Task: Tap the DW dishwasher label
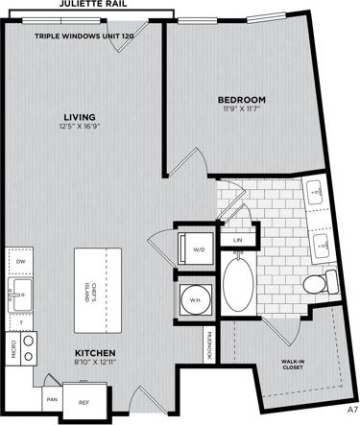[21, 258]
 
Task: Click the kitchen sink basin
[19, 290]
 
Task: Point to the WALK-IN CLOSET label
[294, 365]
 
